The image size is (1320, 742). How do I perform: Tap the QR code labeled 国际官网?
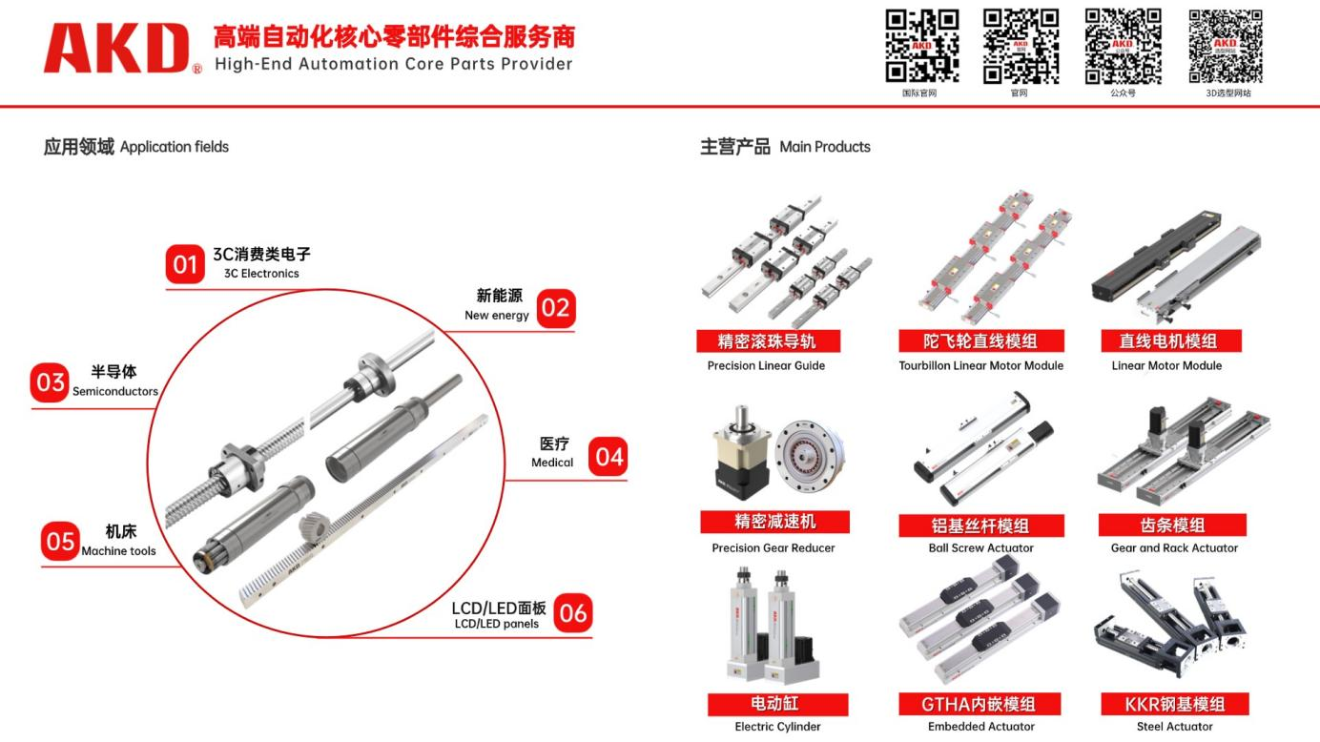click(x=921, y=46)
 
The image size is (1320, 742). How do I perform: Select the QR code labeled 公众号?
click(x=1124, y=46)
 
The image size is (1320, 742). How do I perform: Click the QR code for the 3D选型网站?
click(x=1226, y=46)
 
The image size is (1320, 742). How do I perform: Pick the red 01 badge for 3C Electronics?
click(x=185, y=264)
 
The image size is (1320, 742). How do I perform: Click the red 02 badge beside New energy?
click(x=556, y=308)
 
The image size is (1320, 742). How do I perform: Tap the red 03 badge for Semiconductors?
click(x=51, y=382)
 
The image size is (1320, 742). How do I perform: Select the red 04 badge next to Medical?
click(x=608, y=457)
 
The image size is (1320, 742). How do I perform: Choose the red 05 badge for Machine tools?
click(x=60, y=541)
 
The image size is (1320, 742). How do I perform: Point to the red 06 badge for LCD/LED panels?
click(x=573, y=613)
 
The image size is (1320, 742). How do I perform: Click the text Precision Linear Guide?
click(x=766, y=365)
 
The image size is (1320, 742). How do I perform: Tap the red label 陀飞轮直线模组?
click(x=981, y=341)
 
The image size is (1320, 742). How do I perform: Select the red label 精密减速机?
click(x=774, y=522)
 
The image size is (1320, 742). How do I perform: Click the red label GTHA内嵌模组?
click(x=980, y=704)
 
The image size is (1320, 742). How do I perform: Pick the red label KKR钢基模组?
click(x=1174, y=704)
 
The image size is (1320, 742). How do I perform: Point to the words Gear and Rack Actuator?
click(x=1174, y=547)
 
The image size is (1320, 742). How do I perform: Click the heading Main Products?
click(x=825, y=147)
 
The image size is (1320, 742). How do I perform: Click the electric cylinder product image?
click(x=773, y=626)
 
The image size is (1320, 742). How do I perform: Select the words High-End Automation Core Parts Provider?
click(x=394, y=64)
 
